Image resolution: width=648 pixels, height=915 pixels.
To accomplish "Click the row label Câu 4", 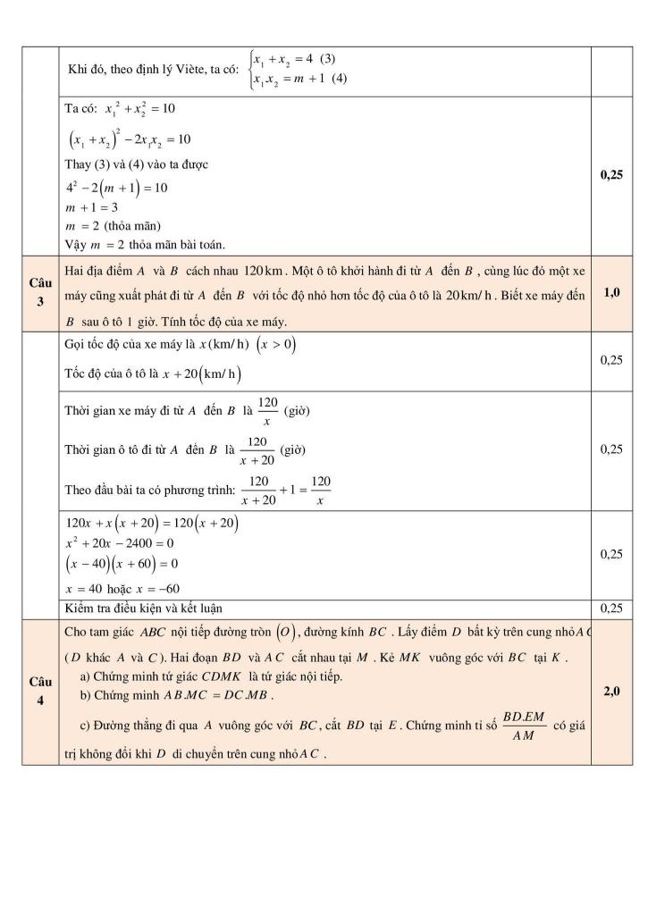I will [x=39, y=691].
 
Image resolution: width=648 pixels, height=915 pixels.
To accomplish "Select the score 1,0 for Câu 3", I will [x=612, y=292].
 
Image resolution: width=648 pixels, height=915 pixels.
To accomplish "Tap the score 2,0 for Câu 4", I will [x=612, y=691].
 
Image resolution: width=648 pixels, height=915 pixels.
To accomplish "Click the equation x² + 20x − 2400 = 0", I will [x=120, y=543].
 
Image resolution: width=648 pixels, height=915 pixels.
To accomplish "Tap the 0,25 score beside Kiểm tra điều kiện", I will [x=612, y=609].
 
